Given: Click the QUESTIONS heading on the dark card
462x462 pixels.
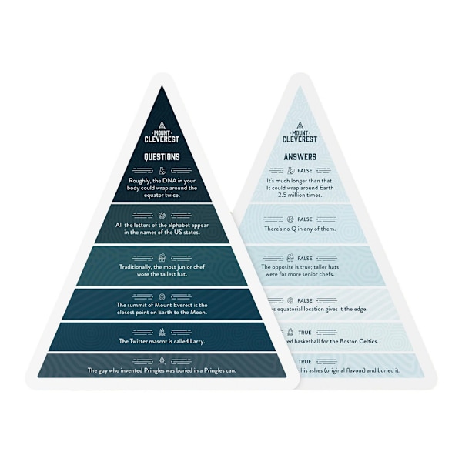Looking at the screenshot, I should point(162,157).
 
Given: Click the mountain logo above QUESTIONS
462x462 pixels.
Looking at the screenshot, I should point(162,126).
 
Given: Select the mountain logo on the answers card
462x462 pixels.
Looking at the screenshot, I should point(300,125).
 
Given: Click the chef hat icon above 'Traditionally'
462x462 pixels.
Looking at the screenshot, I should point(162,258).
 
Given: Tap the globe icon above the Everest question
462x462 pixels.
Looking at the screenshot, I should point(162,296).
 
